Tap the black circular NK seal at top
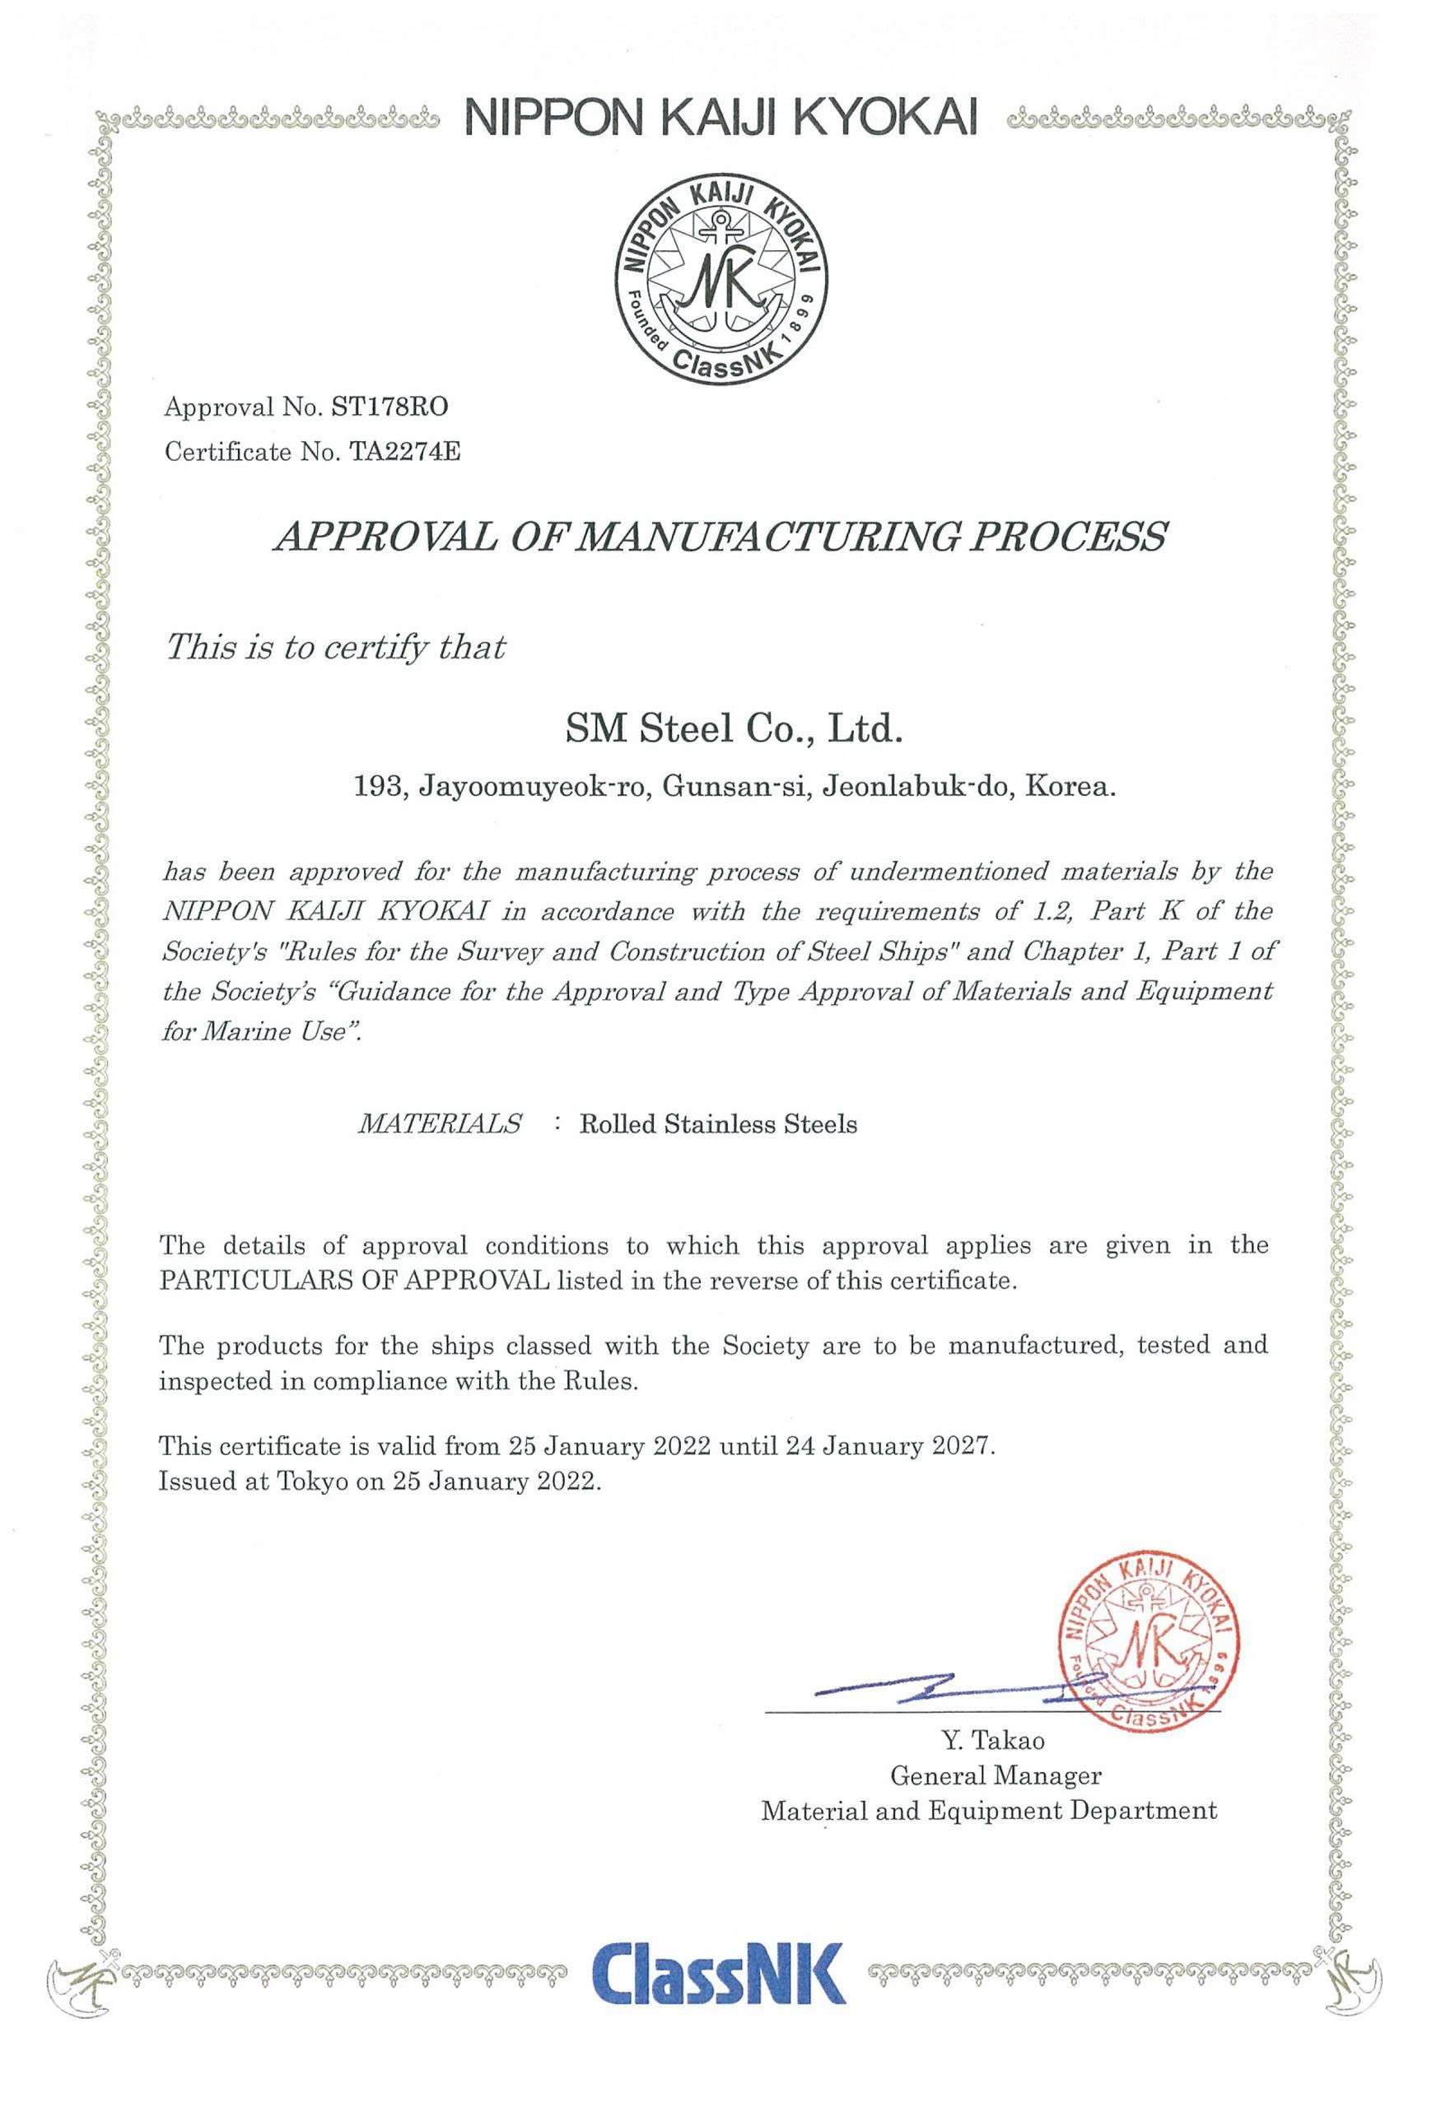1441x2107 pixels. (x=721, y=281)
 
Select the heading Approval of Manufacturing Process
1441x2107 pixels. (x=720, y=537)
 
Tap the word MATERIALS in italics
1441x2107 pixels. (x=440, y=1124)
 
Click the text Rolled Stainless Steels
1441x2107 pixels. (x=718, y=1125)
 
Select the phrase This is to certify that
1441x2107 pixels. (x=333, y=648)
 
